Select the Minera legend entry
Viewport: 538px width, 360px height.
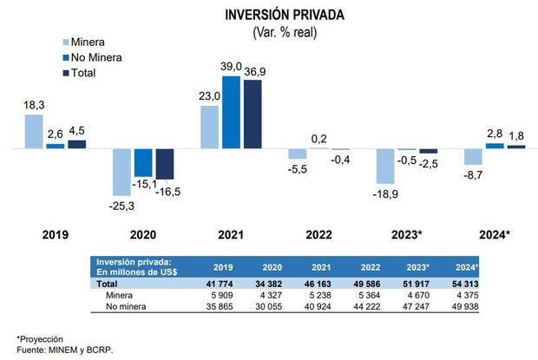point(89,43)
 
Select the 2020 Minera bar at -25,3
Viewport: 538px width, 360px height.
point(121,172)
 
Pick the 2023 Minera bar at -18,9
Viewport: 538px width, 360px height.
point(384,167)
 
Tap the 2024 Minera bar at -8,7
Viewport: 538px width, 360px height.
point(473,157)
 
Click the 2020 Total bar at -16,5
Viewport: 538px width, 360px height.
point(164,164)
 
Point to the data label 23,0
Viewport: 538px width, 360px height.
point(210,98)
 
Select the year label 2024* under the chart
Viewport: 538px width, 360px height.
point(495,234)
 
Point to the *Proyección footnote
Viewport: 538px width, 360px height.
point(40,337)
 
